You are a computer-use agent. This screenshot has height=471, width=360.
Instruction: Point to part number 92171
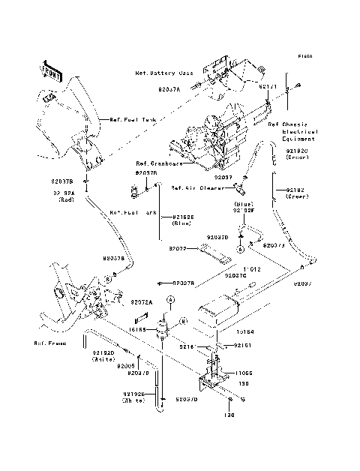coord(268,87)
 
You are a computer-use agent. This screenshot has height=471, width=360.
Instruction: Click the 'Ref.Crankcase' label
coord(157,163)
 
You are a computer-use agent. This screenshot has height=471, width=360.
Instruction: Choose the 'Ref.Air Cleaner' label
coord(194,188)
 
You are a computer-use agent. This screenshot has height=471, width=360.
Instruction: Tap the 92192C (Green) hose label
coord(296,154)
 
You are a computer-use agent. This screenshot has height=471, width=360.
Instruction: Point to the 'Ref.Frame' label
coord(49,343)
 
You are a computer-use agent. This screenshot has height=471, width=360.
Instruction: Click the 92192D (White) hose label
coord(103,355)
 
